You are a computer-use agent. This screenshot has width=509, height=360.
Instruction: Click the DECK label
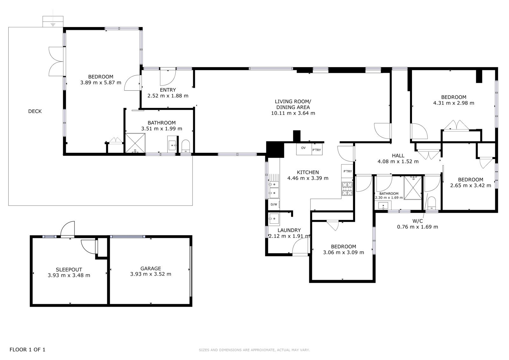35,111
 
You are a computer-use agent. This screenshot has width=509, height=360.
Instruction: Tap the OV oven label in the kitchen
303,148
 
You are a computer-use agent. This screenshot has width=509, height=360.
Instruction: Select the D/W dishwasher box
274,204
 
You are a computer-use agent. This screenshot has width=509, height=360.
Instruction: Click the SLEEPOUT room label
69,270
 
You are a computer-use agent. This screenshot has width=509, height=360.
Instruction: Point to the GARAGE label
151,268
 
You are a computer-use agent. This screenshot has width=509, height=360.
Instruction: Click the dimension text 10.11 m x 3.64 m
293,113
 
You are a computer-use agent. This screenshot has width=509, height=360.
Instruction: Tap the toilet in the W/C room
432,203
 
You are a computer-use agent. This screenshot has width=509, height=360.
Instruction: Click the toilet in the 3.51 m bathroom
186,146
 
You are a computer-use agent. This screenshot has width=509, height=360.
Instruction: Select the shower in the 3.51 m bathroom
135,143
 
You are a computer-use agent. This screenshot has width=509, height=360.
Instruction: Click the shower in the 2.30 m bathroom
413,187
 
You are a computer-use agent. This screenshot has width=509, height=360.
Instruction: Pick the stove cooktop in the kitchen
347,189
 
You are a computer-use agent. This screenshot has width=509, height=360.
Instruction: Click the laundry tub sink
274,219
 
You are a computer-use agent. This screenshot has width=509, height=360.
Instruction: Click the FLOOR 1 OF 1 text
27,349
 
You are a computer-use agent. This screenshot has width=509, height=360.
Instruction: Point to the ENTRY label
168,90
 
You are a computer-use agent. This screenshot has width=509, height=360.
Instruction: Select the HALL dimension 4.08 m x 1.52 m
398,161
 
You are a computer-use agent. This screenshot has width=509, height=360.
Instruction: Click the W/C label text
418,221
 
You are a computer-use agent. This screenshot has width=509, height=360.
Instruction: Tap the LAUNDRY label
289,230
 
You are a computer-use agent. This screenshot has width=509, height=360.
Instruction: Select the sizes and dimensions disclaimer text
254,350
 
